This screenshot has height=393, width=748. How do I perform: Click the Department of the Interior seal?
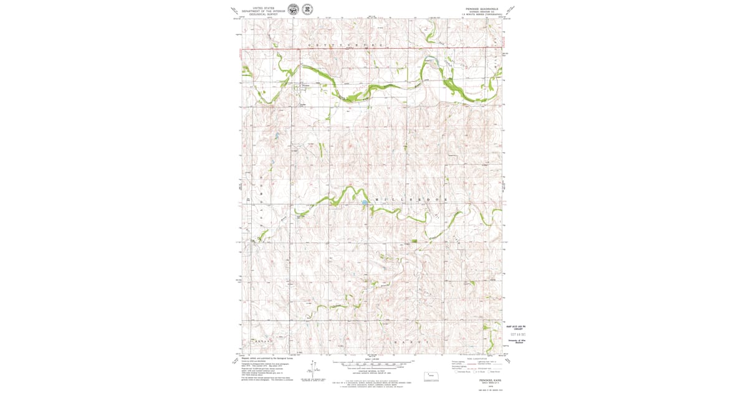(x=292, y=9)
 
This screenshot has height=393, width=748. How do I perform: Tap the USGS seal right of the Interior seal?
(x=307, y=9)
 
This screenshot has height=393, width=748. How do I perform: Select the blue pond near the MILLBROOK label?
(x=363, y=203)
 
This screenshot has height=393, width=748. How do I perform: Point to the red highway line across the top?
(x=374, y=48)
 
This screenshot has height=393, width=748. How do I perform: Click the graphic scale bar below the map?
(x=373, y=362)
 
